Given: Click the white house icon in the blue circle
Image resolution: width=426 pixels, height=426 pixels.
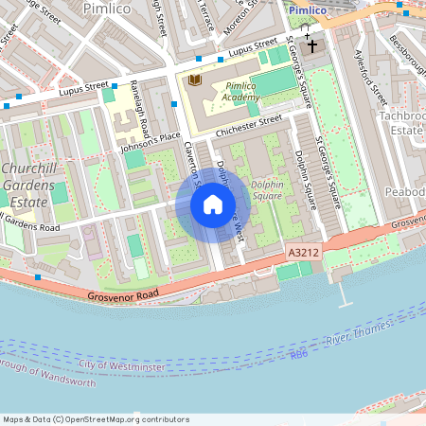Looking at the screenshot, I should tap(213, 204).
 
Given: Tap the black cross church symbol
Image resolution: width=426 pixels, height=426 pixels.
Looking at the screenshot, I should tap(312, 45).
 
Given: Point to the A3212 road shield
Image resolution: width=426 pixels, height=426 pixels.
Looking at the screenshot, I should tap(298, 254).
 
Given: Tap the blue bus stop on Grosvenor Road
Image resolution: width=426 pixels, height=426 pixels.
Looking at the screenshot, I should tap(38, 276).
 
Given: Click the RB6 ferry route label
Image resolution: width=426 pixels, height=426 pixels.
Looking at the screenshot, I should tap(299, 354).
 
